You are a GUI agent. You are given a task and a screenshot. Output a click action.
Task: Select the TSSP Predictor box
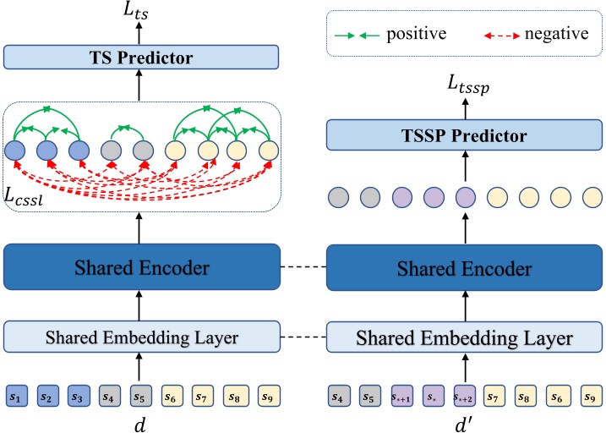(464, 135)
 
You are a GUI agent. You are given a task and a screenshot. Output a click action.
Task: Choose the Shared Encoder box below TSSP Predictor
(464, 269)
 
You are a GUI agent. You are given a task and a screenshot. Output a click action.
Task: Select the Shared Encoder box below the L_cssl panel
(142, 269)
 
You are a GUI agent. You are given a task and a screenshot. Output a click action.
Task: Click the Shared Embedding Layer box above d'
(464, 337)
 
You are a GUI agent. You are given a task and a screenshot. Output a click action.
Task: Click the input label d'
(464, 420)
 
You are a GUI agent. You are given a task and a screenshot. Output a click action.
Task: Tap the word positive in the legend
(417, 34)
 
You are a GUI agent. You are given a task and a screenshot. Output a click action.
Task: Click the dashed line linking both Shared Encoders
(303, 269)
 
